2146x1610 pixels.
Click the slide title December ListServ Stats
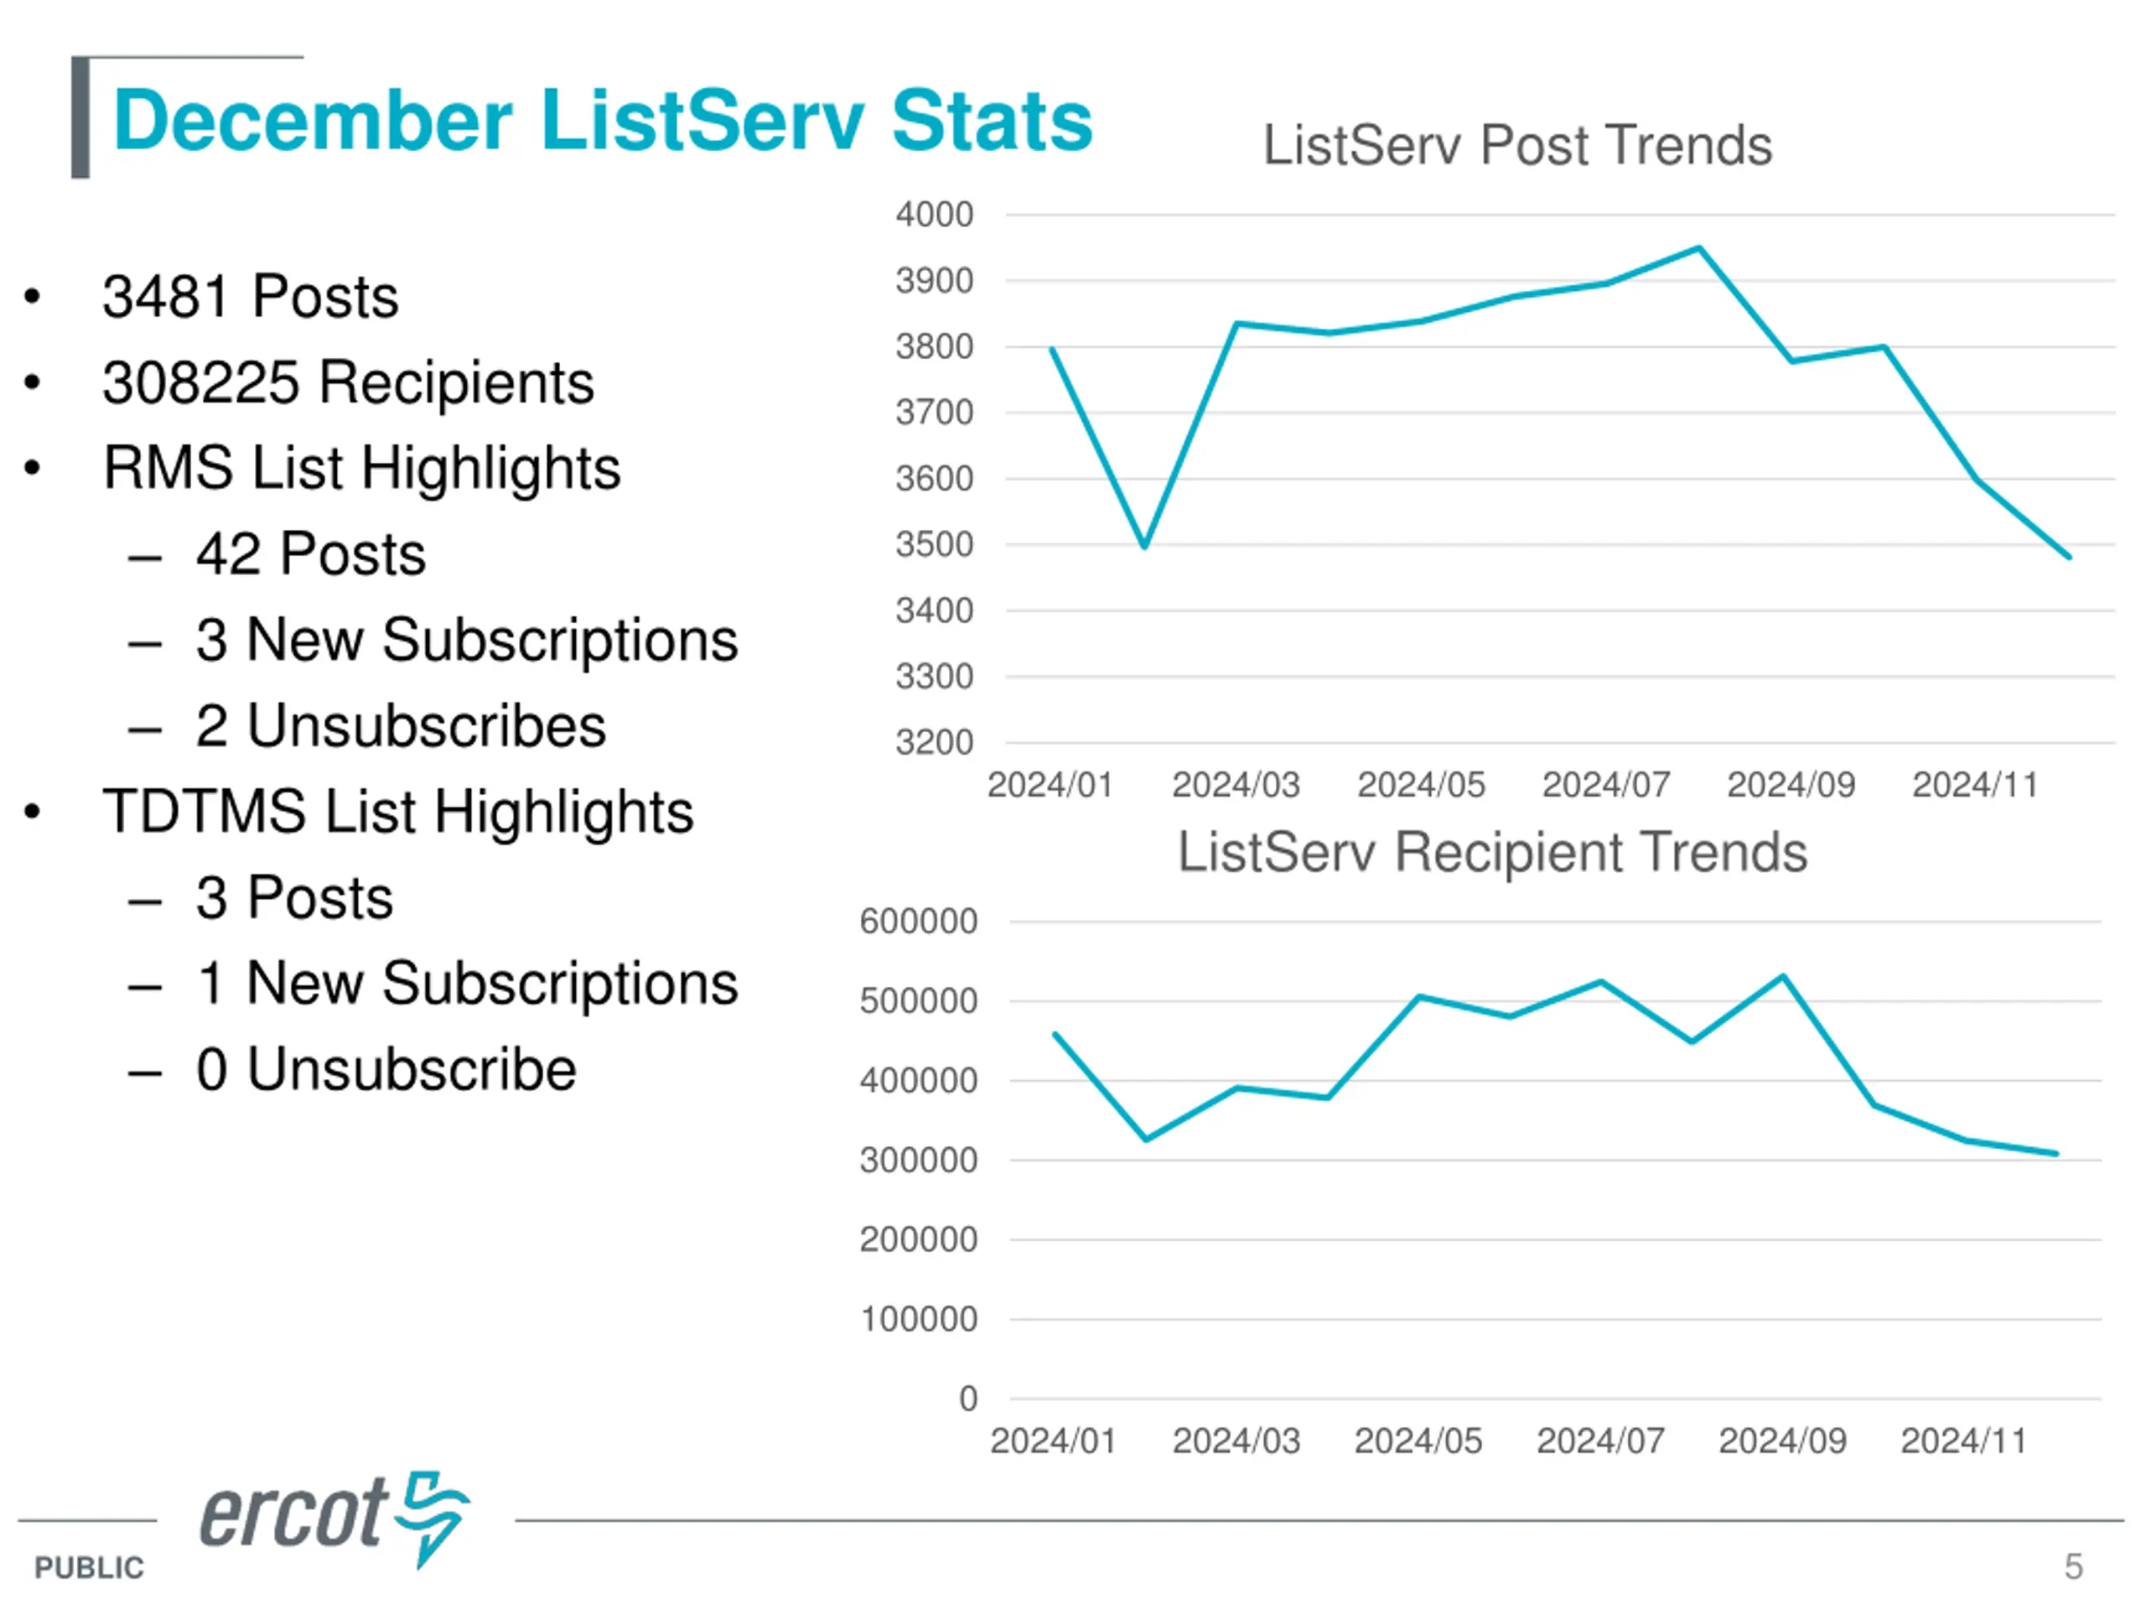click(x=603, y=121)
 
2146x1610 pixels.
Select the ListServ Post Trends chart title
click(x=1516, y=146)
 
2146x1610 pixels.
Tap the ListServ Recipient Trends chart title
click(x=1492, y=852)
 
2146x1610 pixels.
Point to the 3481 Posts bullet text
click(x=251, y=296)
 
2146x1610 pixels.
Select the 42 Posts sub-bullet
click(x=310, y=554)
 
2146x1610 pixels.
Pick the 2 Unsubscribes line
click(x=401, y=726)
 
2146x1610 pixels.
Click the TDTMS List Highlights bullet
click(x=398, y=812)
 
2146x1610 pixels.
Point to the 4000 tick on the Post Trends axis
click(x=933, y=215)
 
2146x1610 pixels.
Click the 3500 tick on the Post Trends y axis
click(x=933, y=544)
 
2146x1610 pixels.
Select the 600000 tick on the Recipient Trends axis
click(x=918, y=921)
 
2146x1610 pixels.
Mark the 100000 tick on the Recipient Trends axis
click(x=918, y=1319)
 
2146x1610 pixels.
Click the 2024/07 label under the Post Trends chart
click(x=1605, y=784)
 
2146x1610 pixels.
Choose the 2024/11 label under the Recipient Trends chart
click(x=1962, y=1441)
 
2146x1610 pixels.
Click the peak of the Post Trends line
click(x=1698, y=247)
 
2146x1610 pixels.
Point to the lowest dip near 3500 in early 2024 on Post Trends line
click(x=1145, y=548)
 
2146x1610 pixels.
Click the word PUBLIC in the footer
click(x=89, y=1567)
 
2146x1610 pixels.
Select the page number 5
click(x=2073, y=1566)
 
